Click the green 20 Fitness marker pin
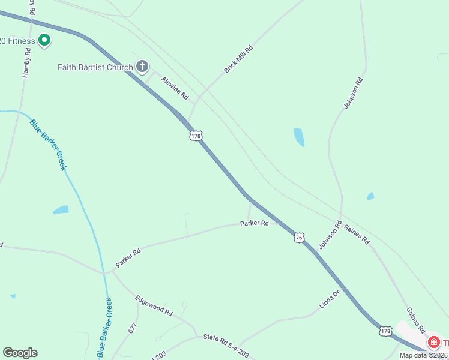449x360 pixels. pyautogui.click(x=44, y=40)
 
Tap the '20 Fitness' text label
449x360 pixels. pyautogui.click(x=17, y=41)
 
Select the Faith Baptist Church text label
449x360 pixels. pyautogui.click(x=95, y=67)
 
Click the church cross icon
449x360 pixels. pyautogui.click(x=142, y=66)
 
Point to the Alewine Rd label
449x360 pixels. pyautogui.click(x=175, y=88)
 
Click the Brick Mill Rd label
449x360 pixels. pyautogui.click(x=238, y=59)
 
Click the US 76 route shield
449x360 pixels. pyautogui.click(x=299, y=238)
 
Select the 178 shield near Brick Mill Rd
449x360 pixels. pyautogui.click(x=196, y=136)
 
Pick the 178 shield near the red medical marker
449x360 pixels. pyautogui.click(x=385, y=331)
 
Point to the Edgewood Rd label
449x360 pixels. pyautogui.click(x=154, y=306)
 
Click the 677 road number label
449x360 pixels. pyautogui.click(x=133, y=328)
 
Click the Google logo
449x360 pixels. pyautogui.click(x=20, y=353)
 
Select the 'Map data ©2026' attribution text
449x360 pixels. pyautogui.click(x=424, y=355)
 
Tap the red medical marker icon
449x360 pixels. pyautogui.click(x=433, y=342)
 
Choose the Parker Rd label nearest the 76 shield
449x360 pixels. pyautogui.click(x=255, y=223)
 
